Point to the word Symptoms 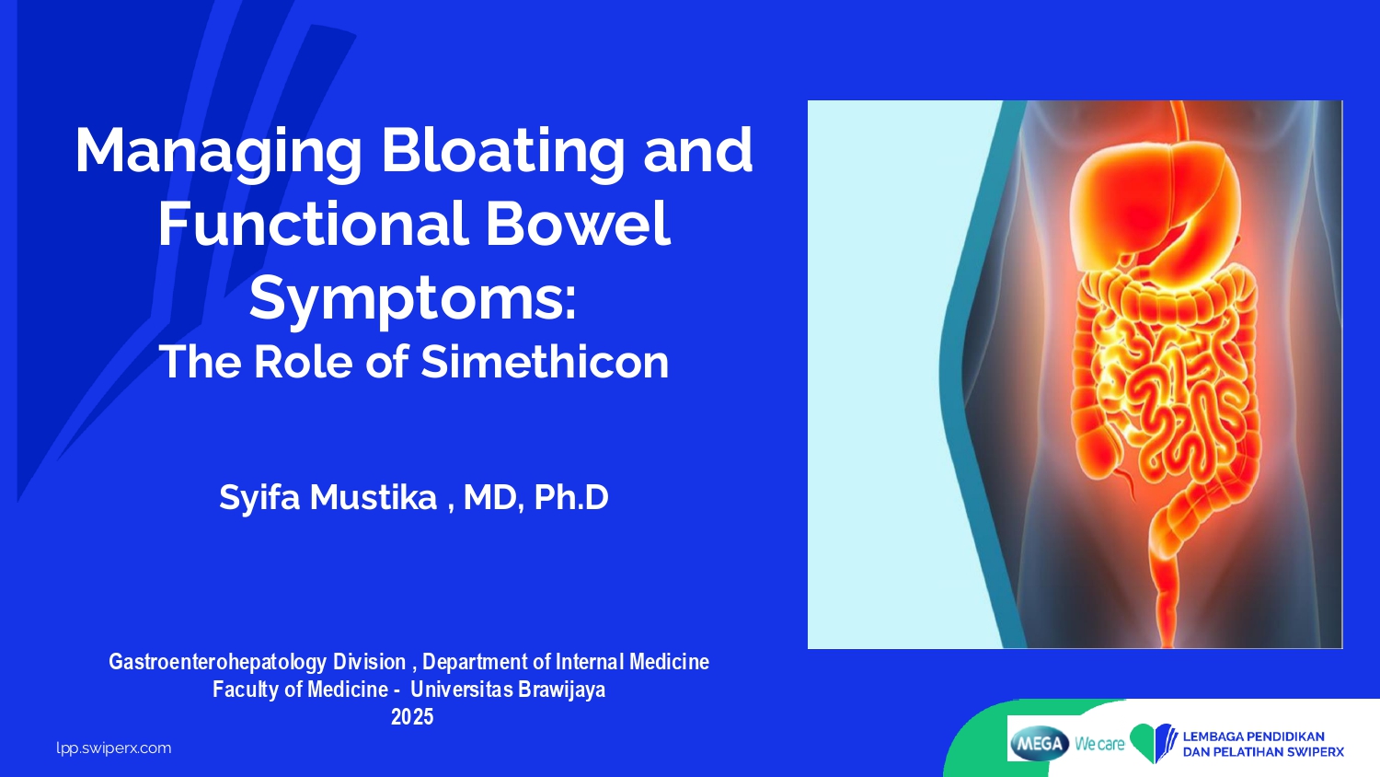click(x=412, y=300)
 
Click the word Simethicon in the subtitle click(x=545, y=362)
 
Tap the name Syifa click(x=259, y=498)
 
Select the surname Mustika click(x=374, y=497)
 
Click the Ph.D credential click(x=571, y=497)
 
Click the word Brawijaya click(x=560, y=690)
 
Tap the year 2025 click(x=412, y=716)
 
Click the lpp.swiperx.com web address click(x=114, y=748)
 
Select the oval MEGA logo click(x=1040, y=743)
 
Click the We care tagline click(x=1099, y=744)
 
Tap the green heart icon click(x=1147, y=742)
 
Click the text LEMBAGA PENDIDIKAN click(x=1254, y=736)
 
